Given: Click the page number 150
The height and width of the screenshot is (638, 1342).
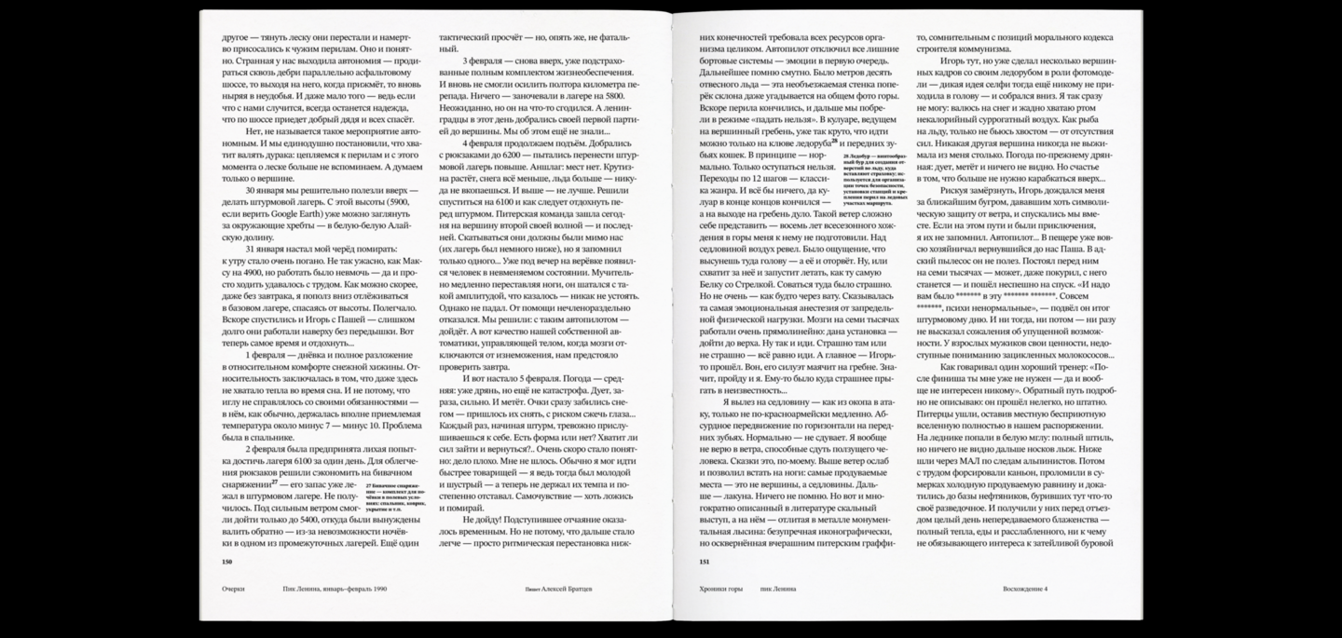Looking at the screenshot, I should coord(226,562).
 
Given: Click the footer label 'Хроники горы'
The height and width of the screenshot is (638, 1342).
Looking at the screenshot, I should coord(720,589).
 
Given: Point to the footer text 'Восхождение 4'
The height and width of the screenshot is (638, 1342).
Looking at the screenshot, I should coord(1025,589).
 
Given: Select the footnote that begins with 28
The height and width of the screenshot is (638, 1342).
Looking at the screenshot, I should coord(872,187).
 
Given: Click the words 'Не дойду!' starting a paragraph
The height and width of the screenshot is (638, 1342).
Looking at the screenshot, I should coord(479,518).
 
